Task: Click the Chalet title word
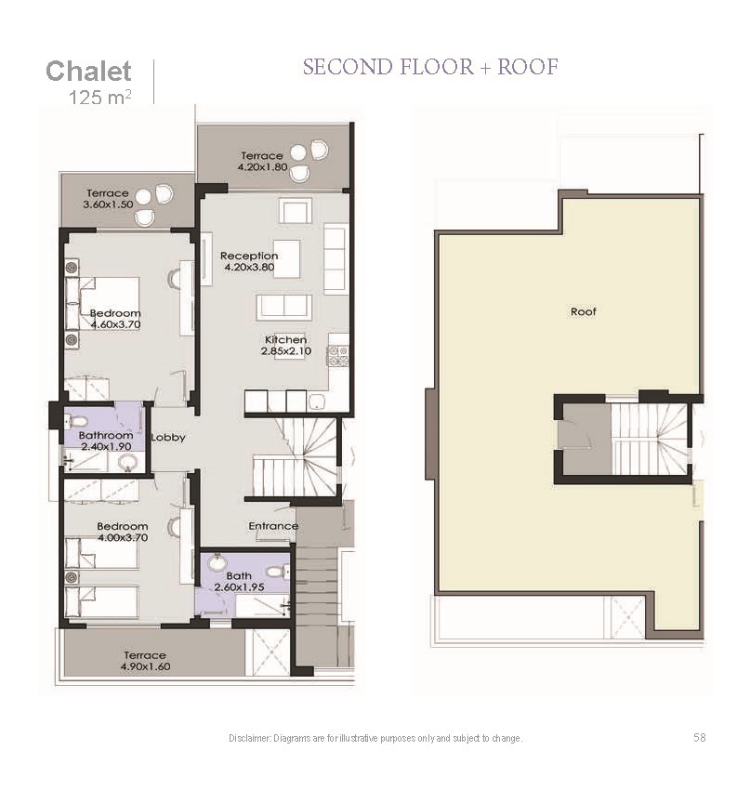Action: (x=88, y=71)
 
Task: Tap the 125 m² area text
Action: (x=99, y=97)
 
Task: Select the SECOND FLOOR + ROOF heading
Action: (x=430, y=67)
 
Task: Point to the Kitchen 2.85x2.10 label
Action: (x=285, y=346)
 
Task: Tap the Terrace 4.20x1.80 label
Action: (x=262, y=161)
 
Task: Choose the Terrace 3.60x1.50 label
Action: (x=108, y=199)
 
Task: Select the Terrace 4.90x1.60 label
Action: (x=145, y=661)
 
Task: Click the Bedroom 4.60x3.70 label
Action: (x=115, y=319)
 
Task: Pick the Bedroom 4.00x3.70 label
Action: (x=123, y=532)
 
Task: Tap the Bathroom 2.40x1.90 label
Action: (x=106, y=441)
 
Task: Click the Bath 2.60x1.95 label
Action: (x=239, y=582)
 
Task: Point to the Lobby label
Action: (x=168, y=438)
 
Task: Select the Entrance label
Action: (x=273, y=526)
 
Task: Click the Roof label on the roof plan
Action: (x=584, y=312)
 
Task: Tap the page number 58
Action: (x=700, y=738)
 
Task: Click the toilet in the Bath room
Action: (x=276, y=572)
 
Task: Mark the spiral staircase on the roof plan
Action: (x=649, y=439)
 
